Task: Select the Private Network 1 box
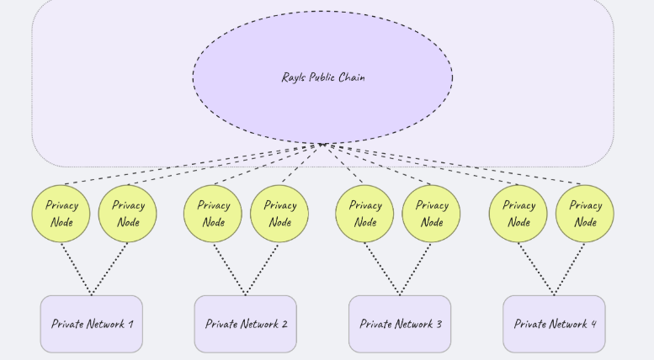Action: tap(91, 324)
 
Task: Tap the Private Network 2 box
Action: tap(246, 324)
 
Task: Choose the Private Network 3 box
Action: tap(400, 324)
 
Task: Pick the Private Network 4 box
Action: tap(554, 324)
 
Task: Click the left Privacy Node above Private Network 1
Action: tap(61, 214)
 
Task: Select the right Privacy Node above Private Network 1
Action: tap(128, 214)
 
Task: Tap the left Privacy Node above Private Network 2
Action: tap(213, 214)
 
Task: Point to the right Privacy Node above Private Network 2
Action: tap(279, 214)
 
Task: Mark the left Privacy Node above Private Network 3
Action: tap(364, 214)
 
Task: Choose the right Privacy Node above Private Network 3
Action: tap(431, 214)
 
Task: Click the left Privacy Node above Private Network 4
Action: tap(518, 214)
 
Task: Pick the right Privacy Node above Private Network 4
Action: tap(585, 214)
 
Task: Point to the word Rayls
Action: tap(295, 77)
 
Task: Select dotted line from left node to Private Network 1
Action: tap(76, 269)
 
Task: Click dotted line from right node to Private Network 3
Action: tap(416, 269)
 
